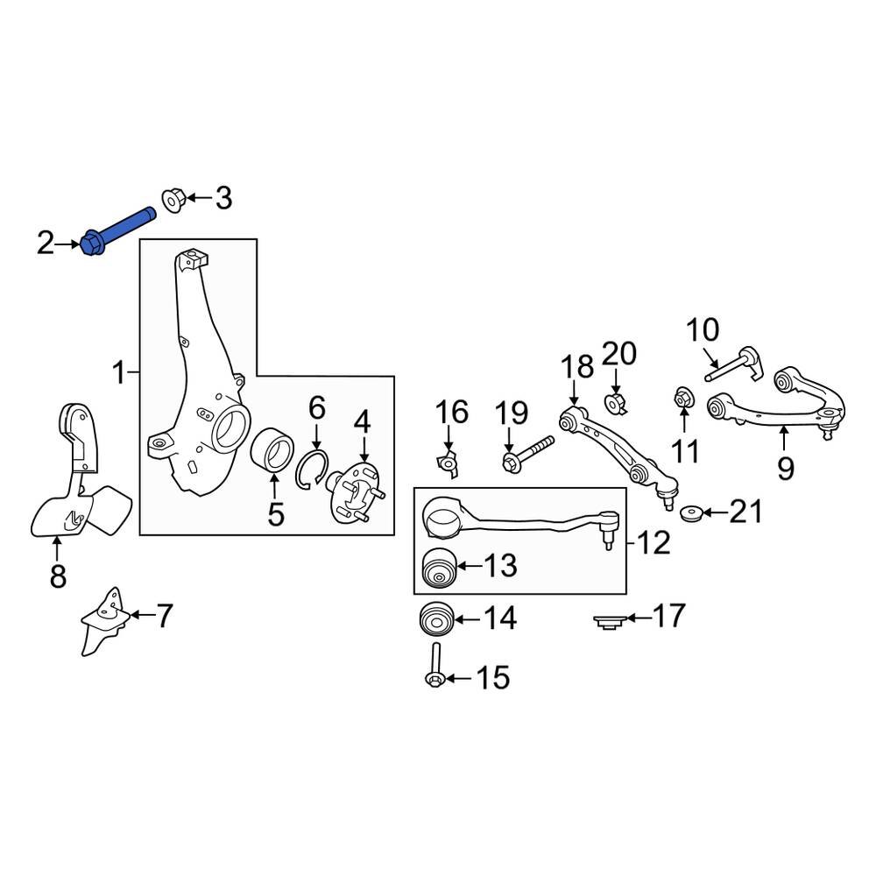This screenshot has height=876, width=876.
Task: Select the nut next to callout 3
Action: click(172, 201)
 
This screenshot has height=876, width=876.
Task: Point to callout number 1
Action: click(119, 374)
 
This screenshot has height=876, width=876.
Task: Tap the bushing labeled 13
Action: click(438, 568)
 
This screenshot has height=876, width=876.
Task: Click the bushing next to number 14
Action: click(435, 621)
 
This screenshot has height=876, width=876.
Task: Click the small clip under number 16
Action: click(449, 463)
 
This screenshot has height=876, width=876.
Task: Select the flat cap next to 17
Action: click(606, 621)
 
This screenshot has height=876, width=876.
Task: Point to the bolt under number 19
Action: click(527, 453)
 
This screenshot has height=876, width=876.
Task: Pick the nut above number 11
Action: click(682, 400)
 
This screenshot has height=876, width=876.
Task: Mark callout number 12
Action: click(654, 543)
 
